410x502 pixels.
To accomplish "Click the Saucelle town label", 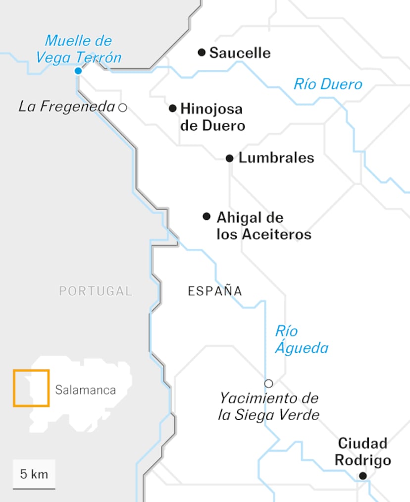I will (x=240, y=53).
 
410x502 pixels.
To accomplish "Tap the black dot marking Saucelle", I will (x=202, y=52).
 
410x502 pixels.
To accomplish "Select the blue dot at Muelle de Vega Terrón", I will (x=78, y=71).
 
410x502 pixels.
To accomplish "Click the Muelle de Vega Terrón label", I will (x=78, y=49).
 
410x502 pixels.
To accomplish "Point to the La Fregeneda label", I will (x=66, y=106).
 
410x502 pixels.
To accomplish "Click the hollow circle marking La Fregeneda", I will (x=122, y=107).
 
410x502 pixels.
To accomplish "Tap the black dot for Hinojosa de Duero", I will (x=172, y=108).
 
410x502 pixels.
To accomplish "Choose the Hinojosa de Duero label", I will (x=212, y=117).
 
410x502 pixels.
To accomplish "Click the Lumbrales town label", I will (x=276, y=158).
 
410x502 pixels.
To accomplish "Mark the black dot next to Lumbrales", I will (x=229, y=158).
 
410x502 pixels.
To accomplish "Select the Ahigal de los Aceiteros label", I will (x=263, y=225).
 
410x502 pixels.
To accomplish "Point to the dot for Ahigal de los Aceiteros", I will (x=206, y=216).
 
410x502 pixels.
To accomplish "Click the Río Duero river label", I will (x=328, y=84).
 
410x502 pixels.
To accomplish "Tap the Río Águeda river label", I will (x=301, y=339).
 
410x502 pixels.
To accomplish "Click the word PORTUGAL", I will (x=96, y=291).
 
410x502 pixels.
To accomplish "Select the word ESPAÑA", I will (x=215, y=291).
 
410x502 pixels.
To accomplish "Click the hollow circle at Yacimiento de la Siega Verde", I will (x=268, y=383).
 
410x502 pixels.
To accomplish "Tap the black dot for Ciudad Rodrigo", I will (x=363, y=476).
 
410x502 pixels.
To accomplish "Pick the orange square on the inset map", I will (x=31, y=388).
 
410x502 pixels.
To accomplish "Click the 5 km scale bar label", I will (x=34, y=474).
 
